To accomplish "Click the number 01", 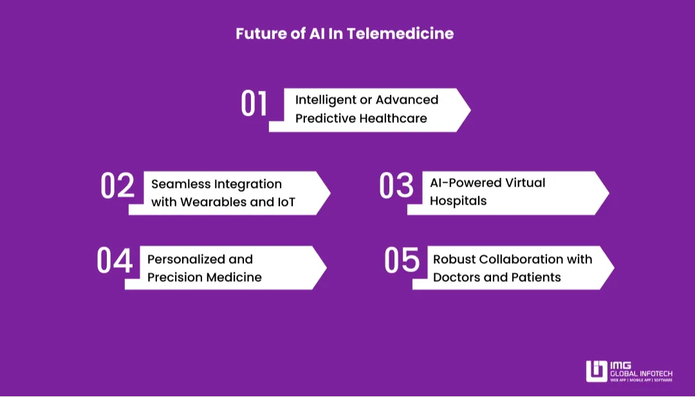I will click(254, 104).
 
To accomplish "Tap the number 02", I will click(118, 186).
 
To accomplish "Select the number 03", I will click(396, 186).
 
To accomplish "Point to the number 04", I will click(115, 261).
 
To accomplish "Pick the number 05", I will click(402, 261).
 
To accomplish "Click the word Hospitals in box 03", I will click(458, 201).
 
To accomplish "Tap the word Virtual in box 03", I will click(522, 183).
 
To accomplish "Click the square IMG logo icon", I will click(596, 371).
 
